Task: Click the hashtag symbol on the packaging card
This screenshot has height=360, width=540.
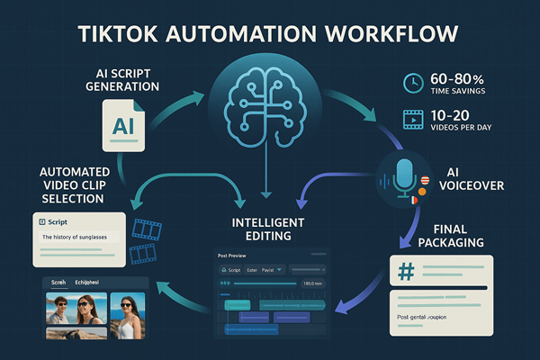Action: pyautogui.click(x=407, y=273)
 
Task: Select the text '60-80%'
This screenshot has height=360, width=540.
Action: pyautogui.click(x=458, y=77)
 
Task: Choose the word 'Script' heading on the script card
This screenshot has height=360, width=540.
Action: pyautogui.click(x=58, y=220)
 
